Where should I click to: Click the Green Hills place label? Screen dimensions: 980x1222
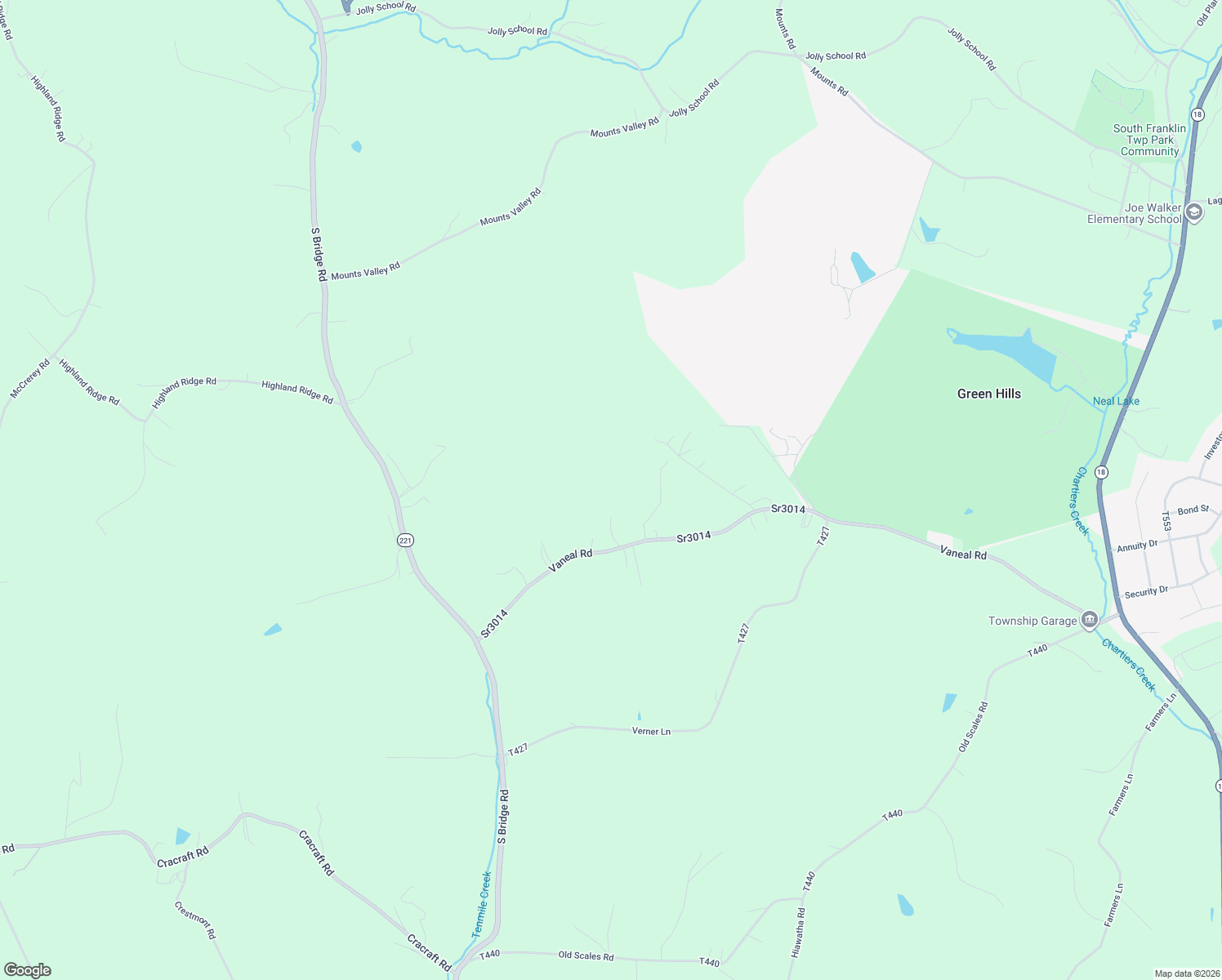click(x=988, y=394)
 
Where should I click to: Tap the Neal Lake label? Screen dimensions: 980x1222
click(x=1116, y=401)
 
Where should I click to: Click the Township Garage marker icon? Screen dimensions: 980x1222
click(x=1089, y=621)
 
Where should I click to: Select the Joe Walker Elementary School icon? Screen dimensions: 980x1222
click(x=1193, y=213)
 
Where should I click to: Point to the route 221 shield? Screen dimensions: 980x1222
click(x=406, y=540)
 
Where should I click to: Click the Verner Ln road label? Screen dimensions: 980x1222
click(x=651, y=731)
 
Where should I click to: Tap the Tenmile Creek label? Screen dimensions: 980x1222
click(x=482, y=903)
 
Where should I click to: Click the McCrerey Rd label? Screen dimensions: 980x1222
click(x=30, y=379)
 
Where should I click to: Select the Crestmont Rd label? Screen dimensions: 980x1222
click(x=195, y=920)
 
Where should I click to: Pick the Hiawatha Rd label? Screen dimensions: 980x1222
click(x=798, y=933)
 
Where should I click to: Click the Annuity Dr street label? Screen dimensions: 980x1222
click(x=1137, y=546)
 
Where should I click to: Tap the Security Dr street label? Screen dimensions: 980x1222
click(x=1146, y=592)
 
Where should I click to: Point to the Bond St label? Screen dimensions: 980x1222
click(x=1193, y=510)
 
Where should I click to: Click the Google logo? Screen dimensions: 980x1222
click(x=28, y=970)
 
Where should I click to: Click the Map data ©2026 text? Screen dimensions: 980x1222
click(x=1186, y=973)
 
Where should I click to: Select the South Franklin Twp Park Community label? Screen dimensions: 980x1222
click(x=1149, y=140)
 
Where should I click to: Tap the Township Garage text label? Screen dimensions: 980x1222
click(x=1032, y=621)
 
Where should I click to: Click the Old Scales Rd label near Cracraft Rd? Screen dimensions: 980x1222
click(x=586, y=955)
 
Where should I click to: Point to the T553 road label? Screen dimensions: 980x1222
click(x=1166, y=521)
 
